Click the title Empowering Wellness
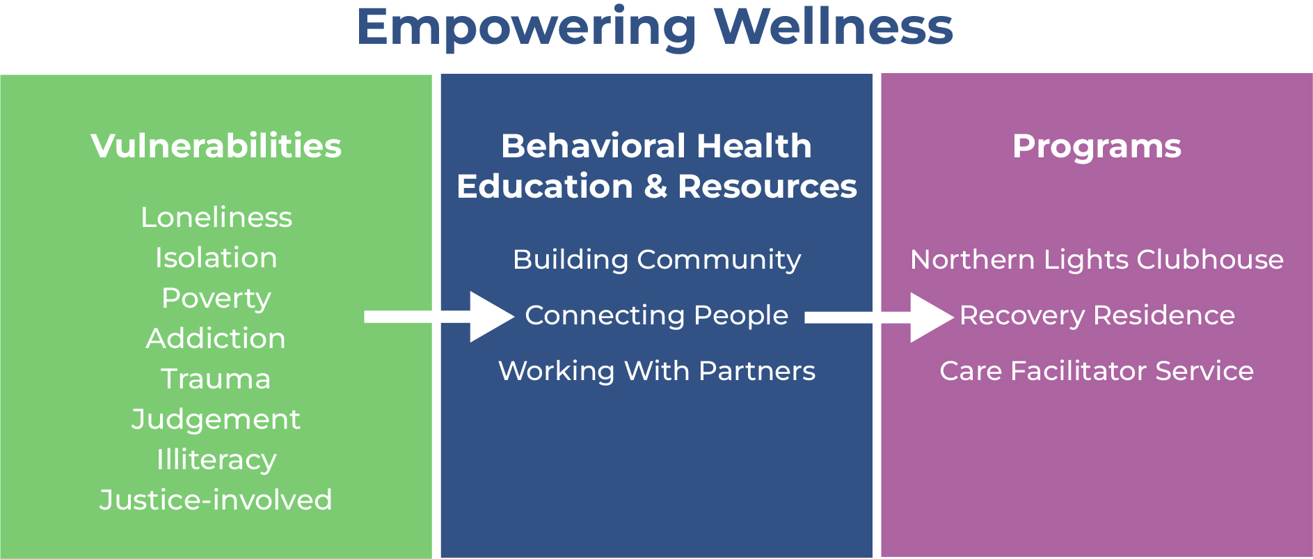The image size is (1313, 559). pyautogui.click(x=654, y=28)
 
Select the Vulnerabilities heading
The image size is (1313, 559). pyautogui.click(x=216, y=146)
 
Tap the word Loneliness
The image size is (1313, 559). pyautogui.click(x=216, y=217)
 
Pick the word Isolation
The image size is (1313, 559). pyautogui.click(x=216, y=258)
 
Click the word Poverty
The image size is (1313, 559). pyautogui.click(x=216, y=299)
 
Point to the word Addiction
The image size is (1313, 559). pyautogui.click(x=216, y=338)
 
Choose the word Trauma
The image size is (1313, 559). pyautogui.click(x=216, y=379)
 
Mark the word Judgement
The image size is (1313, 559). pyautogui.click(x=216, y=420)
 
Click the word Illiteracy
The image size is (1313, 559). pyautogui.click(x=216, y=460)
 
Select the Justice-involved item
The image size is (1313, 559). pyautogui.click(x=216, y=500)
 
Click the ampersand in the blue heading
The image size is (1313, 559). pyautogui.click(x=655, y=187)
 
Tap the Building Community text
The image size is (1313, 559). pyautogui.click(x=657, y=260)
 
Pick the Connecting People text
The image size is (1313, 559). pyautogui.click(x=657, y=316)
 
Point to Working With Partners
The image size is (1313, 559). pyautogui.click(x=657, y=371)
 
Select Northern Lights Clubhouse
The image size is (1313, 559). pyautogui.click(x=1097, y=260)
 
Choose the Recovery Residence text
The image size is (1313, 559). pyautogui.click(x=1097, y=315)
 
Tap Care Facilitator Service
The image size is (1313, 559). pyautogui.click(x=1097, y=371)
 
